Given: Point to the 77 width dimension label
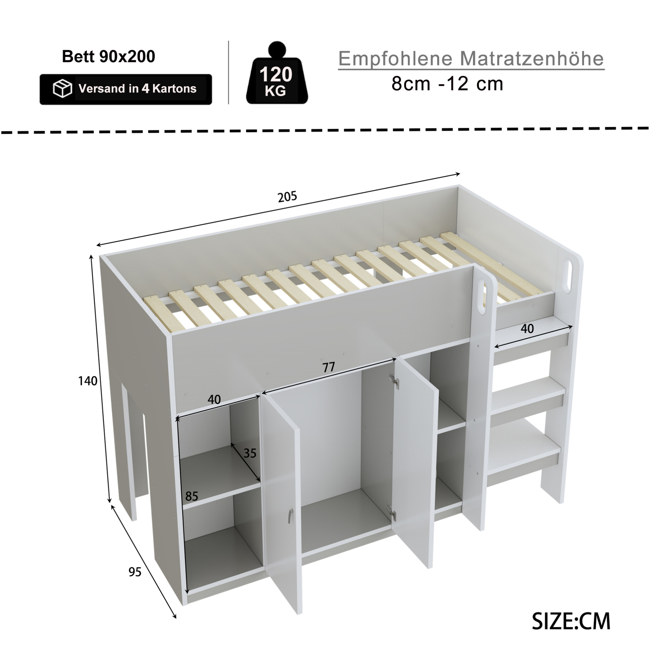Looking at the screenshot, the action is [x=328, y=367].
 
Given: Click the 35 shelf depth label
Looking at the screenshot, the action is [x=250, y=453].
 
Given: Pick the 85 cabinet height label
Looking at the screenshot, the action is [x=192, y=496].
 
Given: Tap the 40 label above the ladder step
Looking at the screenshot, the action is [x=527, y=329].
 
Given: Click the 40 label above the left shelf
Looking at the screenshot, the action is [x=214, y=400].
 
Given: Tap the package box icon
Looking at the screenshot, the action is [x=62, y=89].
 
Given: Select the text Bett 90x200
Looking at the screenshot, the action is [x=108, y=56].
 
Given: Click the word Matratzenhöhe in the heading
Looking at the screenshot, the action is [x=532, y=58].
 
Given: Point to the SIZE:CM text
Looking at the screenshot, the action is [x=571, y=621].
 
